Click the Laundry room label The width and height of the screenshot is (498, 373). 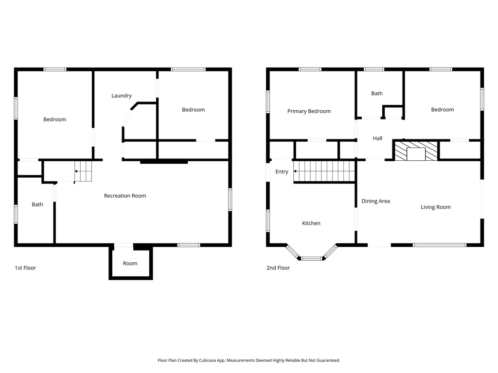click(122, 96)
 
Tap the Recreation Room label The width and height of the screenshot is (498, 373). click(125, 196)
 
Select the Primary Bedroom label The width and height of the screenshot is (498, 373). click(309, 111)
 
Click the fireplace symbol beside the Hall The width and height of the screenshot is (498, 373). click(415, 151)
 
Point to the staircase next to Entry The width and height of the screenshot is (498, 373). click(324, 171)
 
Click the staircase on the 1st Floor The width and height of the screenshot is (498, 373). click(83, 171)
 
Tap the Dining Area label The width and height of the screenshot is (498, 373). click(375, 201)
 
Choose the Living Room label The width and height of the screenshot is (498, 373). click(435, 207)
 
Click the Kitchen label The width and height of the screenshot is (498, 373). click(311, 223)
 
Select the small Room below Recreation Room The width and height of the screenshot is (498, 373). click(130, 263)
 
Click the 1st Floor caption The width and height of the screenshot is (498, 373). click(25, 268)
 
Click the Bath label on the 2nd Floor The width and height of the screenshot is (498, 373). click(377, 93)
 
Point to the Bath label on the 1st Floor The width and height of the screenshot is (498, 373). click(37, 204)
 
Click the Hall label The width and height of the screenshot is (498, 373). click(377, 138)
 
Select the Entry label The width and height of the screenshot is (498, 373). click(282, 171)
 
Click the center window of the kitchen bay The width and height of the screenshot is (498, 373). click(311, 258)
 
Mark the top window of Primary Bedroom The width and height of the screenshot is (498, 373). click(310, 69)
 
